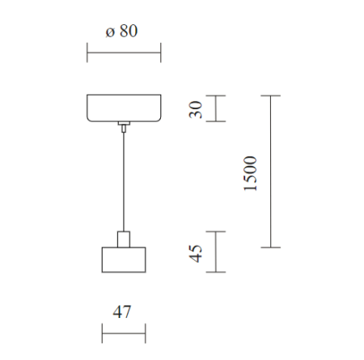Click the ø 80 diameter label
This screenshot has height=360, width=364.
point(121,31)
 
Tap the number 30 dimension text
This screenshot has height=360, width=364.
point(196,109)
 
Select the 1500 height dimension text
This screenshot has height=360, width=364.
point(250,173)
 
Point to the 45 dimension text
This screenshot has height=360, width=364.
point(196,253)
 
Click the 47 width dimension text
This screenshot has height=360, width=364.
point(122,311)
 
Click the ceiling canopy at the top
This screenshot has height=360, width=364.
point(124,108)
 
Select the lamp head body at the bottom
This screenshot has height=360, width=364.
point(124,260)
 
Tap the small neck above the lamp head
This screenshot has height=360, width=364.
point(124,239)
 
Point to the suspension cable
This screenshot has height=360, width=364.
point(124,182)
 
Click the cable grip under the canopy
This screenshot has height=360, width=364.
point(124,126)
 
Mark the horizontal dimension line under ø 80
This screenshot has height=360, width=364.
point(124,53)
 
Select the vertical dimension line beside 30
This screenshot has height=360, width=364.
point(216,108)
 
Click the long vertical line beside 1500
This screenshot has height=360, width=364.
point(270,172)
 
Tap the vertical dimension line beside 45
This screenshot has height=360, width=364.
point(216,252)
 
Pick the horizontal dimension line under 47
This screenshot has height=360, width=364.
point(124,333)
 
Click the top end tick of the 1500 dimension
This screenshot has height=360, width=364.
point(270,95)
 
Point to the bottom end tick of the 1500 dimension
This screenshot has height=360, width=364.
point(270,248)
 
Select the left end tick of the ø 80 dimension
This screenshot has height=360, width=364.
point(87,53)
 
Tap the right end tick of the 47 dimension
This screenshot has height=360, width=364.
point(146,333)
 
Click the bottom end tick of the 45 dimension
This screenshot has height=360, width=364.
point(216,272)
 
